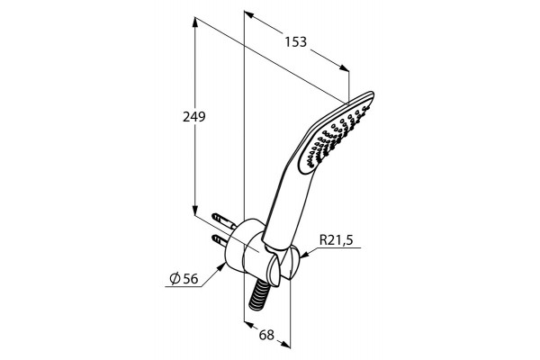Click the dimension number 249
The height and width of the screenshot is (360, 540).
click(193, 117)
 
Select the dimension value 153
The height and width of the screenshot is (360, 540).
click(295, 42)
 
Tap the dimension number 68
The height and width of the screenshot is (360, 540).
click(266, 335)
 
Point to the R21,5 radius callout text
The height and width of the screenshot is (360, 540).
click(337, 239)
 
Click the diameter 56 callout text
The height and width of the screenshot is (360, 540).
click(184, 278)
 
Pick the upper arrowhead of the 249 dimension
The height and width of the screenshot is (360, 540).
click(195, 22)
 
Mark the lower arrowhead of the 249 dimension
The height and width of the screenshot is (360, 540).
click(195, 210)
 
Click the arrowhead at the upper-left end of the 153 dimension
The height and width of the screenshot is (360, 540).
click(249, 14)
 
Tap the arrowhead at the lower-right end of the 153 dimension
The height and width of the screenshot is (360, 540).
click(344, 67)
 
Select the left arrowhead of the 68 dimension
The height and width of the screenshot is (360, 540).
click(248, 325)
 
